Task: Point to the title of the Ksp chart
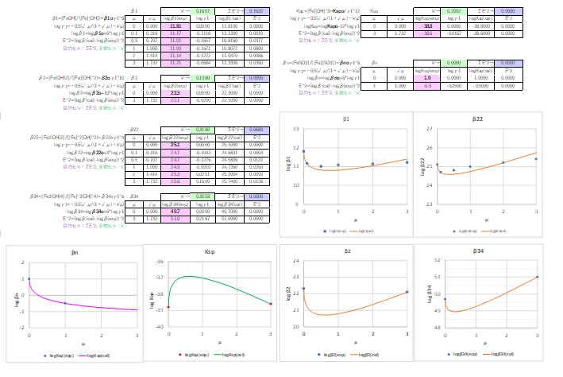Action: pos(210,254)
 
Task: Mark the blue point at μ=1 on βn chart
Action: pos(65,303)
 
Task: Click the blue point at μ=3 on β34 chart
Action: pos(538,277)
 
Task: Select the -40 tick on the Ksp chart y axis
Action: pos(160,327)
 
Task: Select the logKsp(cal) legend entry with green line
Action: pos(232,353)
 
